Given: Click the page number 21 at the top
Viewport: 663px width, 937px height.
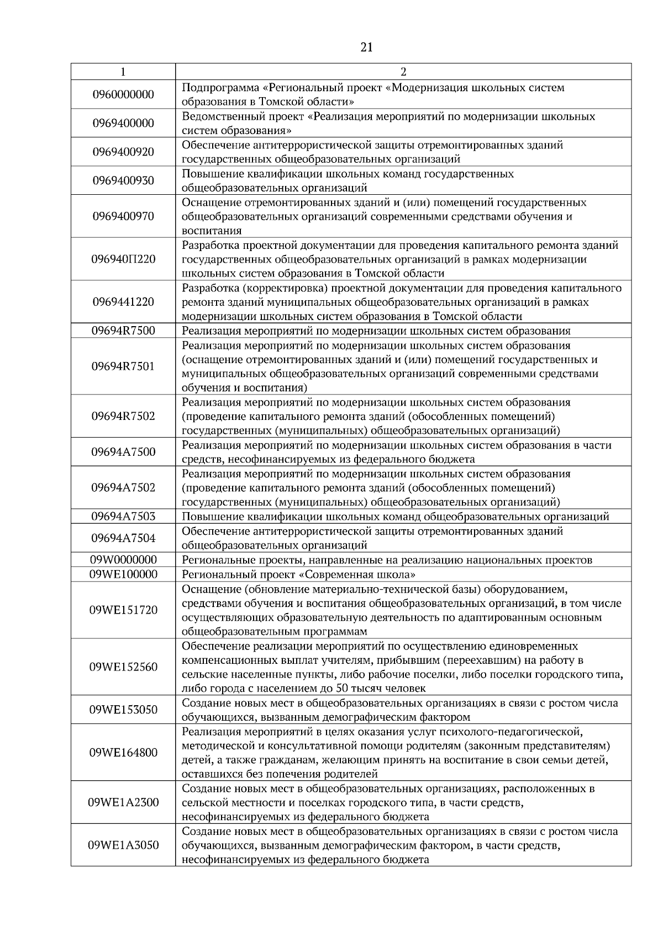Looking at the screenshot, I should pos(366,47).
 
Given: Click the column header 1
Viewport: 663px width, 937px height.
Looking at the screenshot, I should pos(123,72).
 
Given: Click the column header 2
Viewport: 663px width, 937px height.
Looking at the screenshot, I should pos(403,72).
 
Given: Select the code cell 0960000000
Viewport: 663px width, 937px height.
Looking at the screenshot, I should pos(123,94).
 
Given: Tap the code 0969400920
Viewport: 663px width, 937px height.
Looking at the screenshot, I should pos(123,152).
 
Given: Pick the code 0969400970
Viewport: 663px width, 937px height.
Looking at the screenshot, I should pos(123,216).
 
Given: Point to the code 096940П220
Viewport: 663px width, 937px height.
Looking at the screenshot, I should pos(123,259).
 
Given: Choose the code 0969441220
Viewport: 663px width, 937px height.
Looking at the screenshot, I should pos(123,302).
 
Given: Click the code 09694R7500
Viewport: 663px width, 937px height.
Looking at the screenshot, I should pos(123,331).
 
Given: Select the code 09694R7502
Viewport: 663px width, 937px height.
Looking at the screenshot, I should pos(123,416).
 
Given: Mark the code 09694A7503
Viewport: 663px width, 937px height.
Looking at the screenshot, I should pos(123,517).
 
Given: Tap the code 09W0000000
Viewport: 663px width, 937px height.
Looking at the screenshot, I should pos(123,560).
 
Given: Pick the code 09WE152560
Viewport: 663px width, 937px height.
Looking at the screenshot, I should pos(123,667).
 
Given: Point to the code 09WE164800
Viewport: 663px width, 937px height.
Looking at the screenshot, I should pos(123,753).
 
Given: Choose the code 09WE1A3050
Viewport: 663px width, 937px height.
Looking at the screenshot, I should pos(123,845).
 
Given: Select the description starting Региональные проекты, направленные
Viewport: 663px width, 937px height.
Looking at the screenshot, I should pos(387,560).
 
